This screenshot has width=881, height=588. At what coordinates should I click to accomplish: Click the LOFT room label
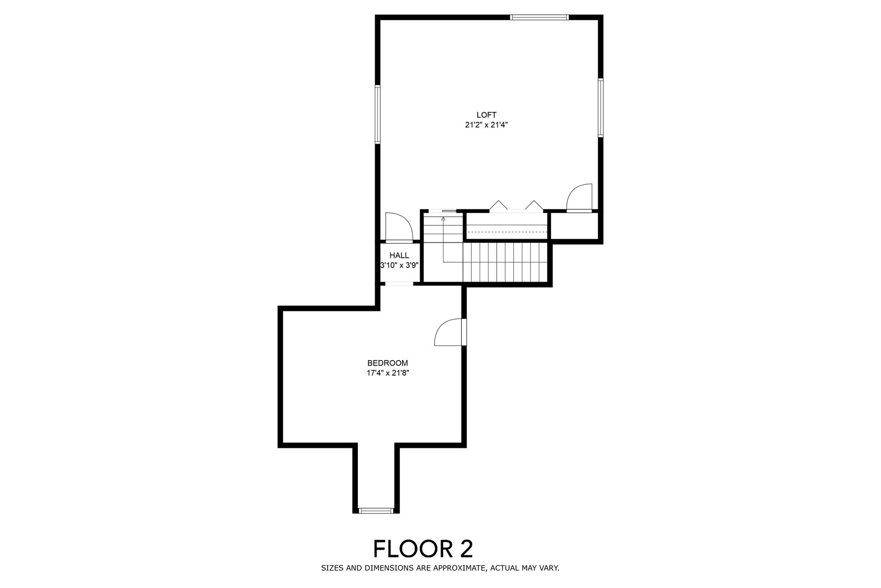click(487, 115)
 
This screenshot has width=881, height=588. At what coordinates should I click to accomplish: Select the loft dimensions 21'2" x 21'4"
click(487, 125)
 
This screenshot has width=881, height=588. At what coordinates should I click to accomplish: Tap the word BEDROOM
click(388, 363)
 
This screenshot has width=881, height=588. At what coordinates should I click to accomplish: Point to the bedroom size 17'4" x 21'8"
click(388, 373)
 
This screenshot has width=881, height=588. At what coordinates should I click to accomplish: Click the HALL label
click(399, 255)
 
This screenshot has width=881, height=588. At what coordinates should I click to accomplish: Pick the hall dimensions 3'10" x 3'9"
click(399, 265)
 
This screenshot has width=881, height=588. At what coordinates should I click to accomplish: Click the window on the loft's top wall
click(539, 18)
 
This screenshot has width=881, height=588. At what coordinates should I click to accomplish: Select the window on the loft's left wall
click(378, 115)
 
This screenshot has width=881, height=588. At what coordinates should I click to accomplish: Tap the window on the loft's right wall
click(600, 107)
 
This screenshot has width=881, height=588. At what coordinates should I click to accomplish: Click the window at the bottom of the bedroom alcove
click(376, 511)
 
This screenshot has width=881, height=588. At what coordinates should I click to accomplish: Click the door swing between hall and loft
click(399, 227)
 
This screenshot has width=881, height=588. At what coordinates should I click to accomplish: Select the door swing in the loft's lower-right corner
click(580, 197)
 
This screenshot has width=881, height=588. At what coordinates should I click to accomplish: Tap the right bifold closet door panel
click(534, 205)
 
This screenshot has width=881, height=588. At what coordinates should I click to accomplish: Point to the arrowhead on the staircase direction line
click(443, 219)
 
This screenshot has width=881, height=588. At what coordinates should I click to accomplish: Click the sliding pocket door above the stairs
click(449, 211)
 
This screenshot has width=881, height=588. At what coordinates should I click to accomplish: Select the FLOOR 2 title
click(423, 549)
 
